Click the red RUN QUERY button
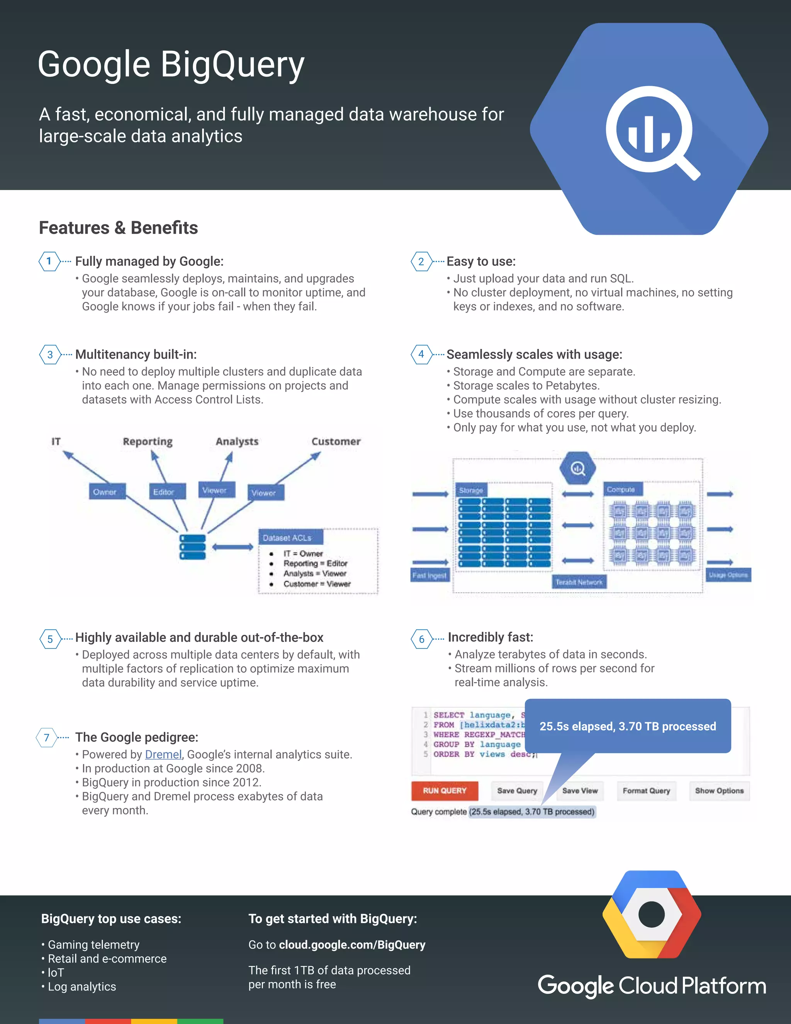click(x=445, y=791)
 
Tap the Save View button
click(x=580, y=791)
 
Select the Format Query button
click(x=646, y=791)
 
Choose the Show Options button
click(x=719, y=791)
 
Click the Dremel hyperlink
click(x=163, y=754)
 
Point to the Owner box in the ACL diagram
click(x=105, y=492)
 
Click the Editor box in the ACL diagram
click(x=163, y=492)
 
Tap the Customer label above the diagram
click(x=336, y=442)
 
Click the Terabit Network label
click(x=579, y=582)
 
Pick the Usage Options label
click(x=728, y=575)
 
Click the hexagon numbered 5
click(x=50, y=639)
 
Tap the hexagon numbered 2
click(x=421, y=262)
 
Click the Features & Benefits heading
click(x=119, y=228)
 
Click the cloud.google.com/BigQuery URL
click(x=352, y=945)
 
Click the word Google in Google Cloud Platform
click(x=575, y=986)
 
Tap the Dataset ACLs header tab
click(x=287, y=538)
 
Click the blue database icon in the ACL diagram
click(x=193, y=547)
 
